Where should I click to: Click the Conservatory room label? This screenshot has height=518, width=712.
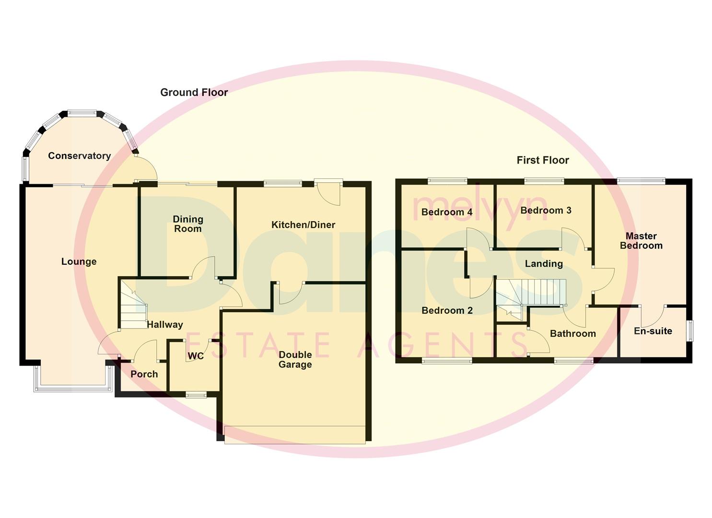(x=79, y=156)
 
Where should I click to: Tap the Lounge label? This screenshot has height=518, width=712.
(x=79, y=262)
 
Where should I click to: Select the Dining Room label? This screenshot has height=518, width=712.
(x=188, y=224)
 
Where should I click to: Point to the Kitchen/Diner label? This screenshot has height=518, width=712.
(x=303, y=225)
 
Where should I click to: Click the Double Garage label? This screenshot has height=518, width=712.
(x=295, y=360)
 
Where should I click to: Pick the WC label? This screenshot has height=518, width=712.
(x=196, y=356)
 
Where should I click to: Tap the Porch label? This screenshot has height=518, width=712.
(x=144, y=374)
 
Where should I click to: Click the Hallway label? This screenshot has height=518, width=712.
(x=164, y=325)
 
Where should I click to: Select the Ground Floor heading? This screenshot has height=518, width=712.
(x=194, y=93)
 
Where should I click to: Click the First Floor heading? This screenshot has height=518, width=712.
(x=543, y=161)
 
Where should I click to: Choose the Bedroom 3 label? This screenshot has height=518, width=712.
(x=546, y=211)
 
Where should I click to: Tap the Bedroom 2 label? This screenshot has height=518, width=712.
(x=447, y=311)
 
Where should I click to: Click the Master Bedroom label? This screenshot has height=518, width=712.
(x=641, y=241)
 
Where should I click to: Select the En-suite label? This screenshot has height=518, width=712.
(x=653, y=331)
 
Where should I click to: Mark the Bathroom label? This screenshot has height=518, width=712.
(x=572, y=334)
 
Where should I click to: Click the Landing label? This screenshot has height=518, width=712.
(x=544, y=264)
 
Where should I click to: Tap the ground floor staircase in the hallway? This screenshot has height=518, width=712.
(x=133, y=309)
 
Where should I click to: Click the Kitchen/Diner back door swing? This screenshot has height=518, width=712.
(x=331, y=194)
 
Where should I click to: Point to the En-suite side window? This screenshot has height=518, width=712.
(x=690, y=331)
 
